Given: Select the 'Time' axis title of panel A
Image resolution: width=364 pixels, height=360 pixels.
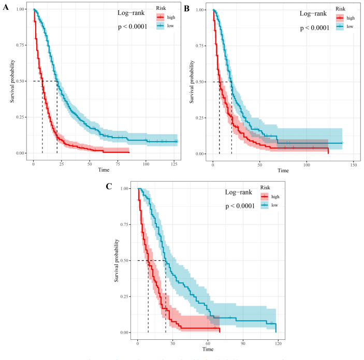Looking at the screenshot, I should pos(104,170).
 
